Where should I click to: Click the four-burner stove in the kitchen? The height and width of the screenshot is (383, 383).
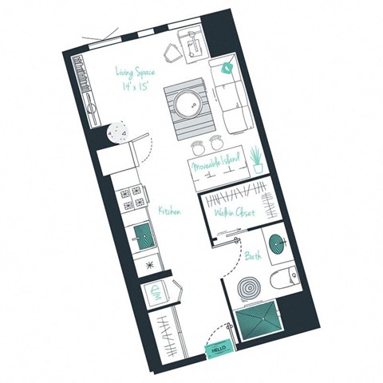(132, 198)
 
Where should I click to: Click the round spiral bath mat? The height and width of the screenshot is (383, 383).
(245, 288)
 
